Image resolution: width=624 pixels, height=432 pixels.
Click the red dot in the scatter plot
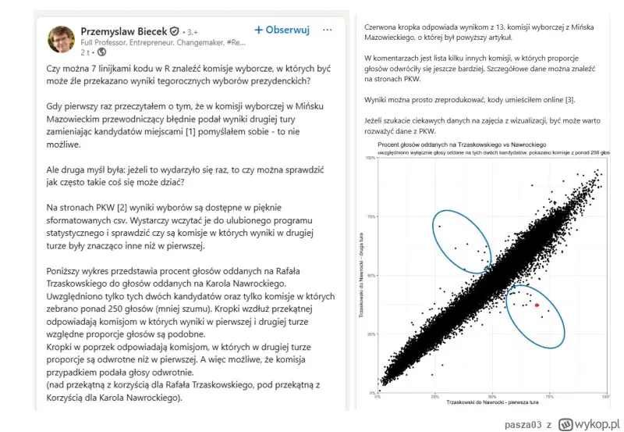pos(537,305)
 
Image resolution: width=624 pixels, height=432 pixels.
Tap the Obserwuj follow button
pos(282,30)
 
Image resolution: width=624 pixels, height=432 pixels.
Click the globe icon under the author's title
pos(101,52)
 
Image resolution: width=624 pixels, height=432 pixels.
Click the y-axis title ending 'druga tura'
pos(363,277)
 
